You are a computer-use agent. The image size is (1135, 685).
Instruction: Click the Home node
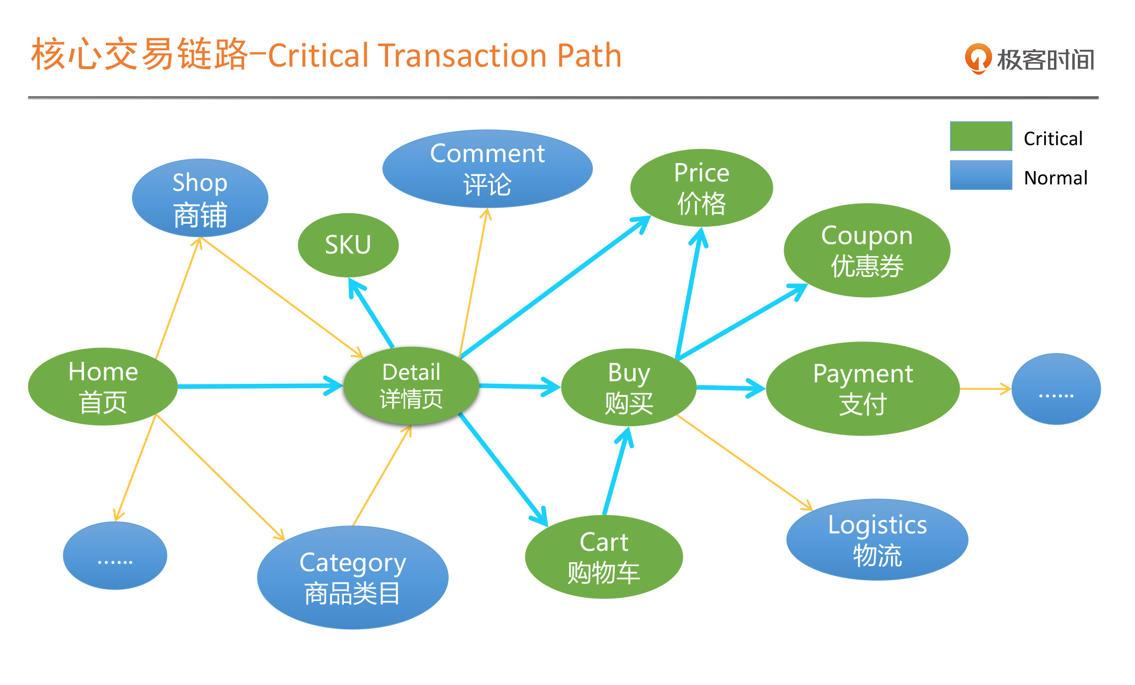(103, 387)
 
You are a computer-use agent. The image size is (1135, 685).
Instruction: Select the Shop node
(200, 198)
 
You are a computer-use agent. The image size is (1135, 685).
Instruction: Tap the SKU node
(348, 245)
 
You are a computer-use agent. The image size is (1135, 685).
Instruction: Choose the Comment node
(487, 169)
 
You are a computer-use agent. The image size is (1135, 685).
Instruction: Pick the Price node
(701, 188)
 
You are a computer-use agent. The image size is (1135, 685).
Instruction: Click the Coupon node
(867, 250)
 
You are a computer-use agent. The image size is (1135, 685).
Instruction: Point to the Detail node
(411, 386)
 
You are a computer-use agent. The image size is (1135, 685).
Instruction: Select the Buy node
(629, 387)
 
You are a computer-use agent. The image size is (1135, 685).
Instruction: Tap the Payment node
(863, 389)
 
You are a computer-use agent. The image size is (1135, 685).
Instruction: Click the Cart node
(604, 557)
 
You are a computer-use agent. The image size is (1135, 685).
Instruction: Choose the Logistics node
(877, 539)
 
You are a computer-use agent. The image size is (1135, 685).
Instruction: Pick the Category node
(352, 578)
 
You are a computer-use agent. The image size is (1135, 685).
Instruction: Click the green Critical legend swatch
(980, 136)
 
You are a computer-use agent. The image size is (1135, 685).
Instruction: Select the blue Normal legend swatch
(980, 175)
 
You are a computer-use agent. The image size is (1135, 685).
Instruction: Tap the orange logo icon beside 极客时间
(977, 59)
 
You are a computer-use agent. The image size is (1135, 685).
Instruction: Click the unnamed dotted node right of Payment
(1056, 389)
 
